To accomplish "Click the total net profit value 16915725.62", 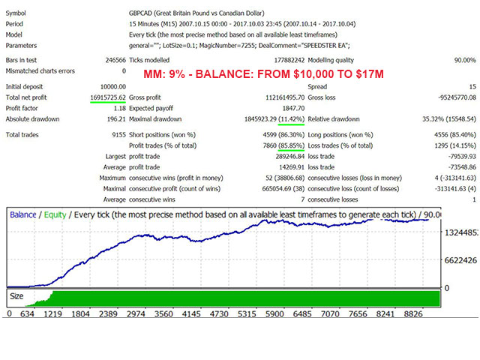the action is point(108,97).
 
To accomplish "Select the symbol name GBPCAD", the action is point(140,13).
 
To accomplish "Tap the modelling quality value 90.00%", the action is point(465,60).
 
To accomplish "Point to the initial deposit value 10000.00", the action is point(113,87).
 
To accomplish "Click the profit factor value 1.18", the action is point(120,108).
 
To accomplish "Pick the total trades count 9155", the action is point(118,135).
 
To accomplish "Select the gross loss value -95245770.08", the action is point(457,97).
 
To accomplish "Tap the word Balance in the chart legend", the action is point(23,215).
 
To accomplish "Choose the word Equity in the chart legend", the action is point(55,215).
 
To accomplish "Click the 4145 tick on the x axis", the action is point(191,314).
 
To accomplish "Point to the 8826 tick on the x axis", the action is point(413,314).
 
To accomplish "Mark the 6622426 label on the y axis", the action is point(460,260).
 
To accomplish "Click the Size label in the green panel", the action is point(16,296).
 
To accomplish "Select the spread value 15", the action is point(472,87).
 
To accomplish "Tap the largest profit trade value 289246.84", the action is point(290,157).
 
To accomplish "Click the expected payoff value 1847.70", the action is point(293,108).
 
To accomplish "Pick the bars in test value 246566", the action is point(115,60).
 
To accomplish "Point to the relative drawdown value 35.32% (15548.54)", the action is point(449,119).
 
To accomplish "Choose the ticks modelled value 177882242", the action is point(289,60).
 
